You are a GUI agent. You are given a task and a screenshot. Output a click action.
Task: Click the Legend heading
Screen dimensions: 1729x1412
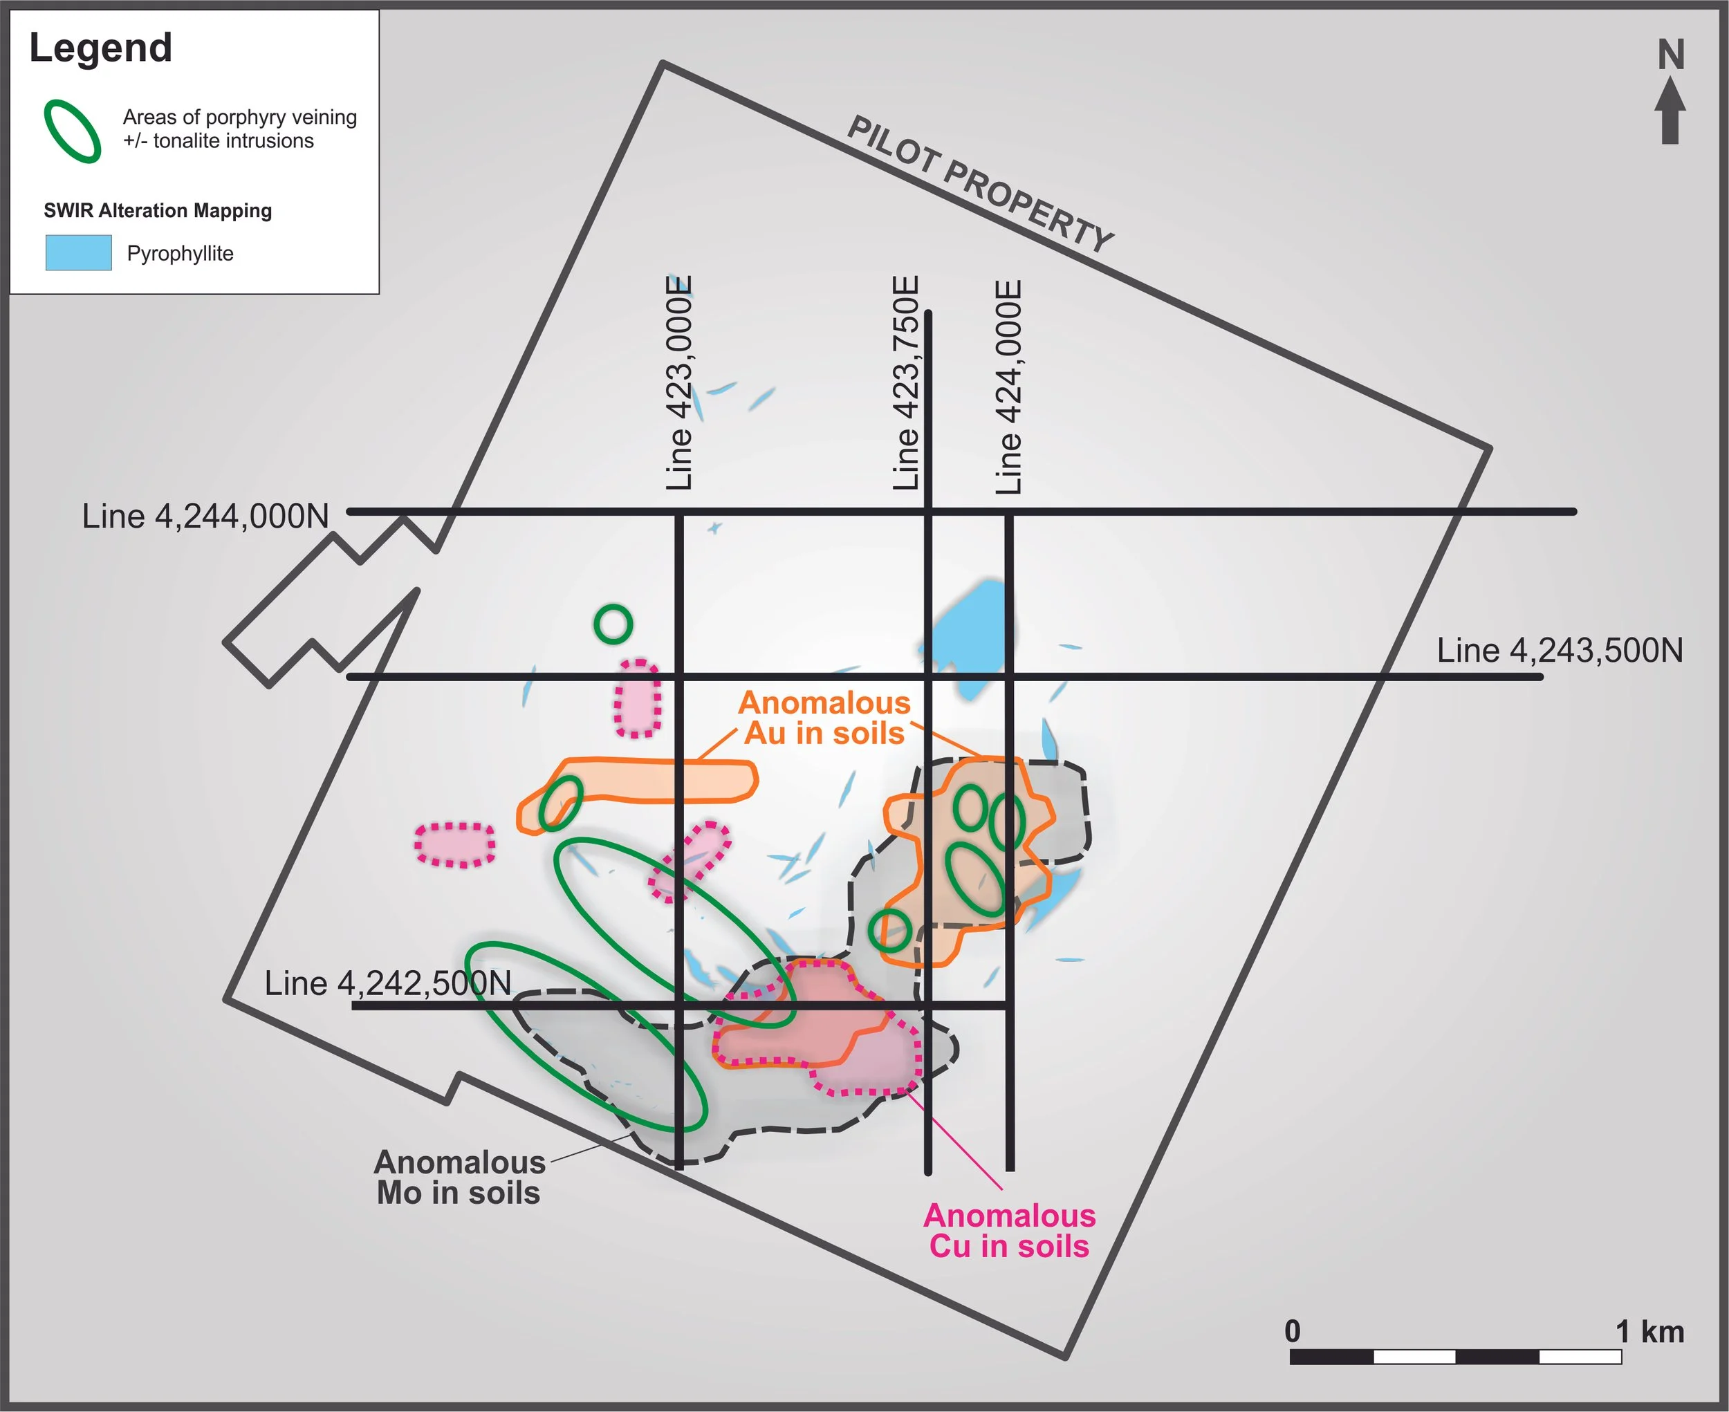coord(101,47)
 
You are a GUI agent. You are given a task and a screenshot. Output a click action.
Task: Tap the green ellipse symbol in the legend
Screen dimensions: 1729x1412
coord(73,131)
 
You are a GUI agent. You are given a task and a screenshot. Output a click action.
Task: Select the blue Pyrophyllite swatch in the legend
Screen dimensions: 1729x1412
coord(78,252)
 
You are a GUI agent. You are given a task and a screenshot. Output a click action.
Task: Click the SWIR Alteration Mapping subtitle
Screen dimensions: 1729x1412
coord(158,211)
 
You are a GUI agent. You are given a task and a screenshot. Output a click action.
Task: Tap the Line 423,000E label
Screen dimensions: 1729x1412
coord(679,382)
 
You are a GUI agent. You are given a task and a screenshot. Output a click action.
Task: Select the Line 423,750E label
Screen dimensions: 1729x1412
coord(905,382)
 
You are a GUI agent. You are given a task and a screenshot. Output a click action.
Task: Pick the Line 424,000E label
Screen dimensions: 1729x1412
coord(1009,387)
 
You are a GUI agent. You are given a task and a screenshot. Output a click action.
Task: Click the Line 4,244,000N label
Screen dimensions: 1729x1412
coord(206,517)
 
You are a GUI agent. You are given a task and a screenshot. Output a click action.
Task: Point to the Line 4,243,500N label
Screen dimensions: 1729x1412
coord(1559,651)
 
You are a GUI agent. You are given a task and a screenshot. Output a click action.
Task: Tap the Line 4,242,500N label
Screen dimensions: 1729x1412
coord(387,983)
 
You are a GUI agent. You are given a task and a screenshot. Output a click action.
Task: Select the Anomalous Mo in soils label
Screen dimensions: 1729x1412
coord(460,1178)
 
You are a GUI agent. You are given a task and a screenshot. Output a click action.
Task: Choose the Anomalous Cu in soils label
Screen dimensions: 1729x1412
coord(1010,1231)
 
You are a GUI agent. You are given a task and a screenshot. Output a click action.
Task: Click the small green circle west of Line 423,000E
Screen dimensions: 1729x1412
coord(613,624)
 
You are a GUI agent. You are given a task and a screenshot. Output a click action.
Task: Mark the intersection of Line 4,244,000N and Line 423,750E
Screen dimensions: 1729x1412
coord(927,512)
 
